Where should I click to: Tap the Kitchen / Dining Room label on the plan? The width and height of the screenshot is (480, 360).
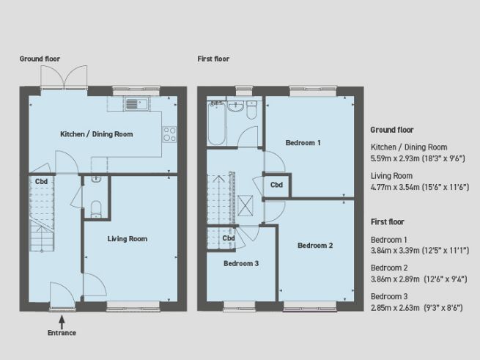(96, 134)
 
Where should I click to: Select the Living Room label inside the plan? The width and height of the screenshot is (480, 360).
(128, 238)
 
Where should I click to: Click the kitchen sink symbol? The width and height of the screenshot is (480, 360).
(136, 103)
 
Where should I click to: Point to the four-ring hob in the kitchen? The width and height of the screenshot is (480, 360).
(169, 133)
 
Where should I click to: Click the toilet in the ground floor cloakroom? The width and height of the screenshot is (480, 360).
(97, 207)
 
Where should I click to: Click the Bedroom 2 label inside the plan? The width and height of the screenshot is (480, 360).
(315, 246)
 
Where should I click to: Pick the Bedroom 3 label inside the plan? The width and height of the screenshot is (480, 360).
(241, 262)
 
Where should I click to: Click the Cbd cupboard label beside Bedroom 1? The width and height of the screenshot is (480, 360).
(277, 185)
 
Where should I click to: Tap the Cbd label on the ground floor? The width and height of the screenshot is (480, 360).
(42, 181)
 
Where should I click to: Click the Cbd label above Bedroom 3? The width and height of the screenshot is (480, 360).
(229, 238)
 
